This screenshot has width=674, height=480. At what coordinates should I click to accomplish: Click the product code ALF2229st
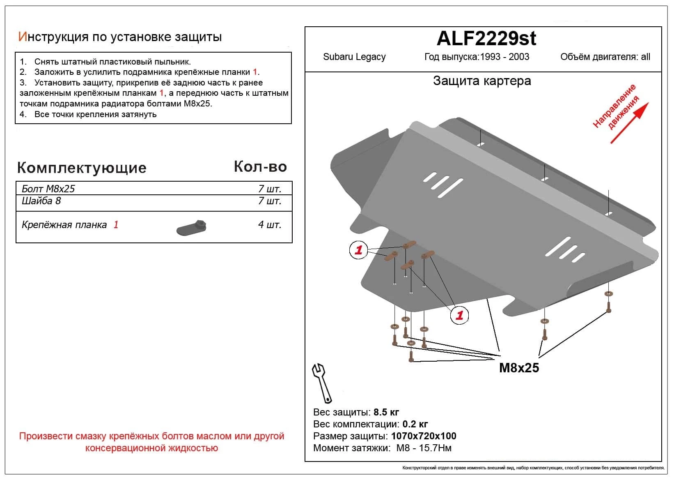pyautogui.click(x=486, y=39)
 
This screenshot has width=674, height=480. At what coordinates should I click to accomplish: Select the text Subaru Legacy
pyautogui.click(x=354, y=57)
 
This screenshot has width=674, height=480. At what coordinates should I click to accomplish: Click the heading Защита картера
pyautogui.click(x=482, y=81)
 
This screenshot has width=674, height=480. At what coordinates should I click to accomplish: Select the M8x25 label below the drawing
pyautogui.click(x=519, y=367)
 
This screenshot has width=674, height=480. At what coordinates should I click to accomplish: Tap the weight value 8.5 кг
pyautogui.click(x=386, y=412)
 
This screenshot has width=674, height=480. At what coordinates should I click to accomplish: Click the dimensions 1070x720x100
pyautogui.click(x=424, y=436)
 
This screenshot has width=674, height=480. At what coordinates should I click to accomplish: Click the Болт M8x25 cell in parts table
pyautogui.click(x=48, y=189)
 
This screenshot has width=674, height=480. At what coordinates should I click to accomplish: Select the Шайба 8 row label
pyautogui.click(x=41, y=201)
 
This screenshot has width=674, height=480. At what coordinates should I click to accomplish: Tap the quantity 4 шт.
pyautogui.click(x=270, y=225)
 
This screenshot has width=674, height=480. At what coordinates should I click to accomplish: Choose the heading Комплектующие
pyautogui.click(x=82, y=168)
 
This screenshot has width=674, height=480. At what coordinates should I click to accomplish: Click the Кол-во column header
pyautogui.click(x=260, y=166)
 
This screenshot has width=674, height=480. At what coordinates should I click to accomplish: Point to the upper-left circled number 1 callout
pyautogui.click(x=358, y=250)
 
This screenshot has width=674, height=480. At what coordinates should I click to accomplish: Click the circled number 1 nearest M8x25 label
pyautogui.click(x=459, y=315)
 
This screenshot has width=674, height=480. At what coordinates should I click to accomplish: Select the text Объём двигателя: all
pyautogui.click(x=605, y=57)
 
